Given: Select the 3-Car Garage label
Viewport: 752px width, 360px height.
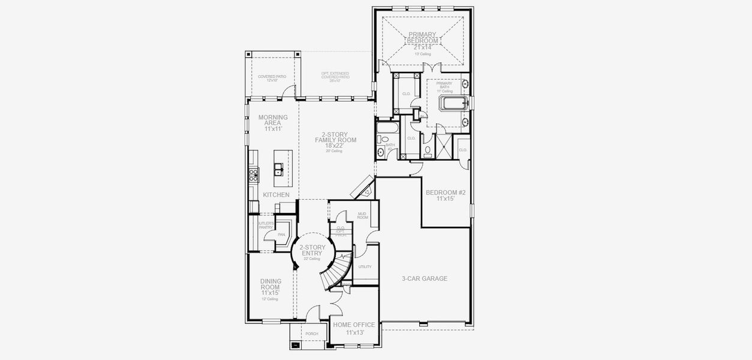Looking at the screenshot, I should (x=425, y=278).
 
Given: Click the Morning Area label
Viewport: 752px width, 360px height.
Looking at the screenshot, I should (x=273, y=120).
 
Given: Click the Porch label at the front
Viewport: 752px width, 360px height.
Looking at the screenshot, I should (x=311, y=334).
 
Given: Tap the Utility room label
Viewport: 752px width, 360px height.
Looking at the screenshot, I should (x=365, y=266).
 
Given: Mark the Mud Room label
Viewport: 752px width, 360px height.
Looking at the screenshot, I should (x=362, y=215).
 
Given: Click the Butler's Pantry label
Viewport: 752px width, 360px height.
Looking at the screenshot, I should (x=265, y=226).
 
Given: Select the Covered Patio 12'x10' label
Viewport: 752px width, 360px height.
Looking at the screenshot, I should (x=272, y=78).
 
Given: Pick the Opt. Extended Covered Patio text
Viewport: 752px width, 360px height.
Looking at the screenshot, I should (x=335, y=76).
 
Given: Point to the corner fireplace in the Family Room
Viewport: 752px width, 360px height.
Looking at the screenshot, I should (x=363, y=188).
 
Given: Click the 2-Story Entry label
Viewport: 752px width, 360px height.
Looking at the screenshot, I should (x=312, y=250).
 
